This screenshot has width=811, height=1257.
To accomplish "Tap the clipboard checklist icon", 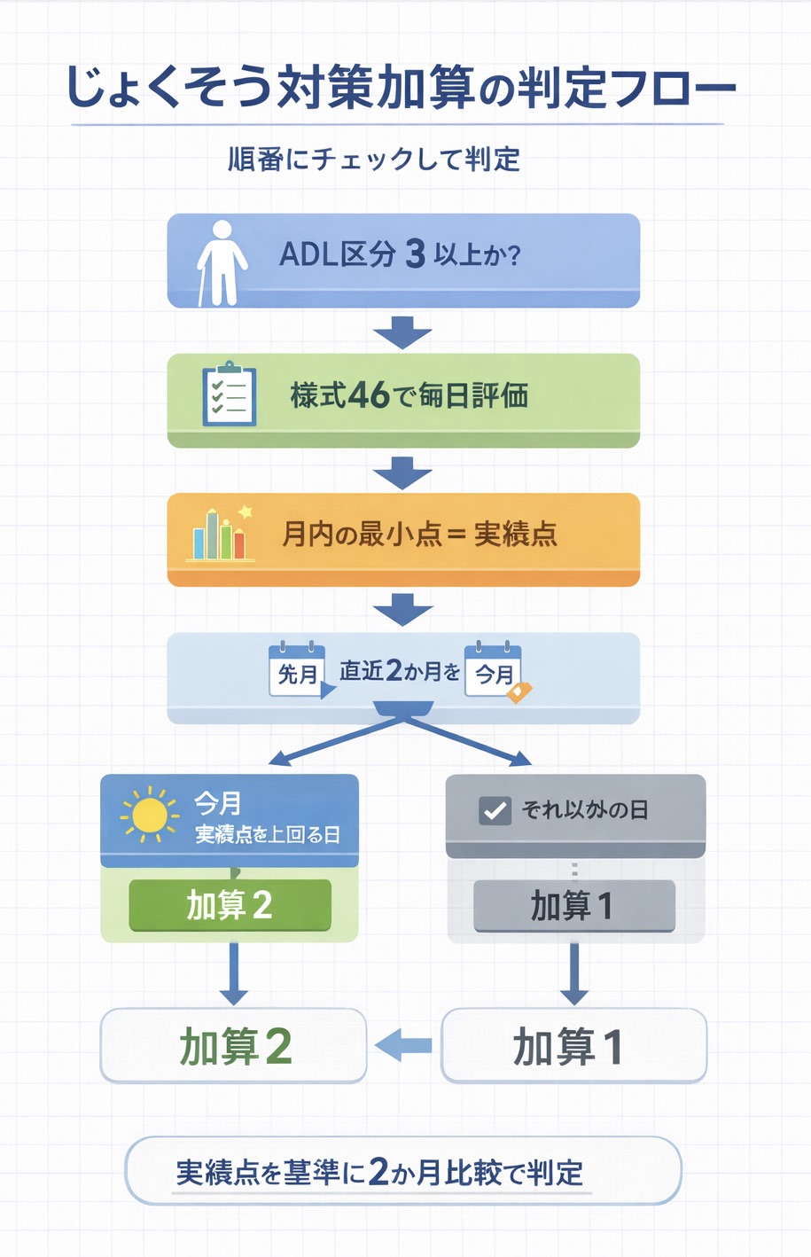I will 229,395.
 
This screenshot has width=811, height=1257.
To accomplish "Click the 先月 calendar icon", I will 298,670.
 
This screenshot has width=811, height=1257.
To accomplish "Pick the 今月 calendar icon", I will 494,671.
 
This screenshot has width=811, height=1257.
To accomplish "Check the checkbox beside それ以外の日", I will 495,810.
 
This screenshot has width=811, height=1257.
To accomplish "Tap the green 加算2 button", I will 230,905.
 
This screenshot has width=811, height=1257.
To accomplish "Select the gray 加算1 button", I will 573,906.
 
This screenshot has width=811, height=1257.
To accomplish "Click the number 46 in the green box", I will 369,395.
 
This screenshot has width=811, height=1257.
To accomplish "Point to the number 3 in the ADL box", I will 415,255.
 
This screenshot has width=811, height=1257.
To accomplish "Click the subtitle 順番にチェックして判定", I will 374,160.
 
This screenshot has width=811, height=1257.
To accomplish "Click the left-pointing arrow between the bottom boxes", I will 403,1046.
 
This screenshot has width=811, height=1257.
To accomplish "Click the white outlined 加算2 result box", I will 233,1046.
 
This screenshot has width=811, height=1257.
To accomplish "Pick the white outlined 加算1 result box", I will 573,1046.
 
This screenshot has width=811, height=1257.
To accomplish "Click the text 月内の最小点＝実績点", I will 418,535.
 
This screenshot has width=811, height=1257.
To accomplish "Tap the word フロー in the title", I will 674,88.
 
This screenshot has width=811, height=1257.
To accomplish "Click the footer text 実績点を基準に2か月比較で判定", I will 379,1172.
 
